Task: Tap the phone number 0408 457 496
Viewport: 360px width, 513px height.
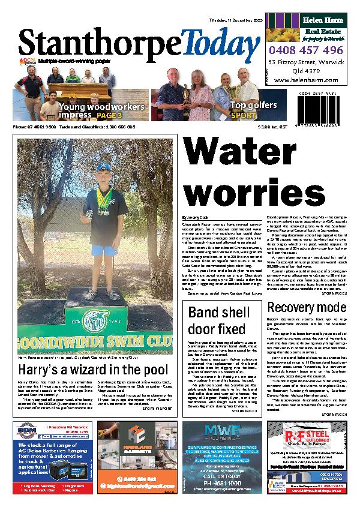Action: (x=305, y=51)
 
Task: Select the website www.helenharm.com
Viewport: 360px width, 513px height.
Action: (x=305, y=80)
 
